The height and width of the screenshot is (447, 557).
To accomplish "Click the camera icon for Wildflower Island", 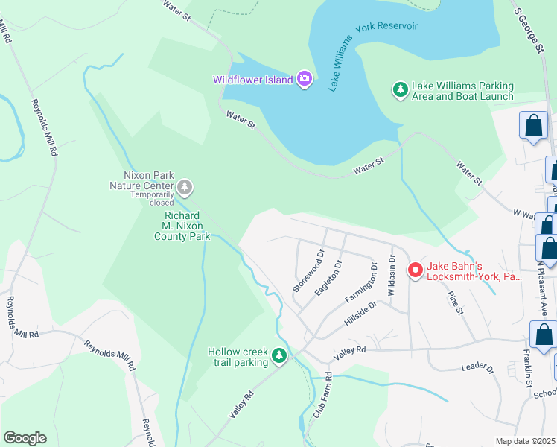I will pyautogui.click(x=304, y=79).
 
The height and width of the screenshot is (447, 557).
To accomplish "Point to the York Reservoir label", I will pyautogui.click(x=386, y=26).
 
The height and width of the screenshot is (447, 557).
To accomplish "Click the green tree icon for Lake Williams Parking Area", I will pyautogui.click(x=401, y=90).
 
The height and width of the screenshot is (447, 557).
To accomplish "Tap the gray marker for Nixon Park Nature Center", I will pyautogui.click(x=185, y=186).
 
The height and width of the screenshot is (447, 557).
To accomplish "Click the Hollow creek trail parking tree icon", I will pyautogui.click(x=279, y=357).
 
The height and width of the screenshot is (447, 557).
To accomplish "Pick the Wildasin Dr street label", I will pyautogui.click(x=392, y=272).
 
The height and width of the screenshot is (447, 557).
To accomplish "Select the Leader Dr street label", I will pyautogui.click(x=477, y=367).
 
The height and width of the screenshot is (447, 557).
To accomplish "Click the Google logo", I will pyautogui.click(x=25, y=437).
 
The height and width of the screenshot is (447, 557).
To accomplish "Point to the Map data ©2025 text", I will pyautogui.click(x=525, y=441).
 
